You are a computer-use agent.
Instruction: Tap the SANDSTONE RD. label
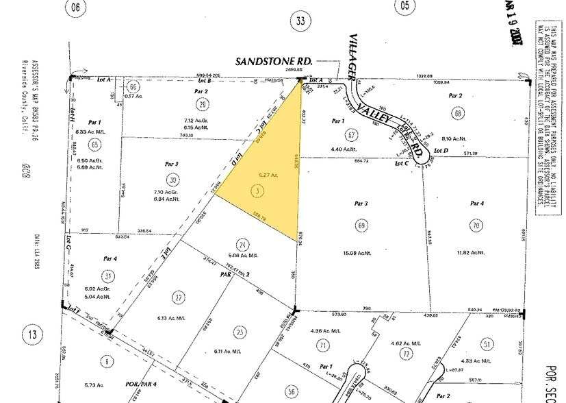tap(274, 62)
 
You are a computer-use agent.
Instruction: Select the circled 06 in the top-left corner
tap(76, 8)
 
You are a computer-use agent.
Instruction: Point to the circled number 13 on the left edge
tap(31, 335)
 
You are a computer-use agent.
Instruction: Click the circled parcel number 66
tap(134, 87)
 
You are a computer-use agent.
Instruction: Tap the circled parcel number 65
tap(94, 144)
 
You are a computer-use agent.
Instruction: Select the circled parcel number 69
tap(361, 225)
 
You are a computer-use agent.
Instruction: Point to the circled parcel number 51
tap(487, 343)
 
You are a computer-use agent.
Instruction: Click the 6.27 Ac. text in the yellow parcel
tap(257, 176)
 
